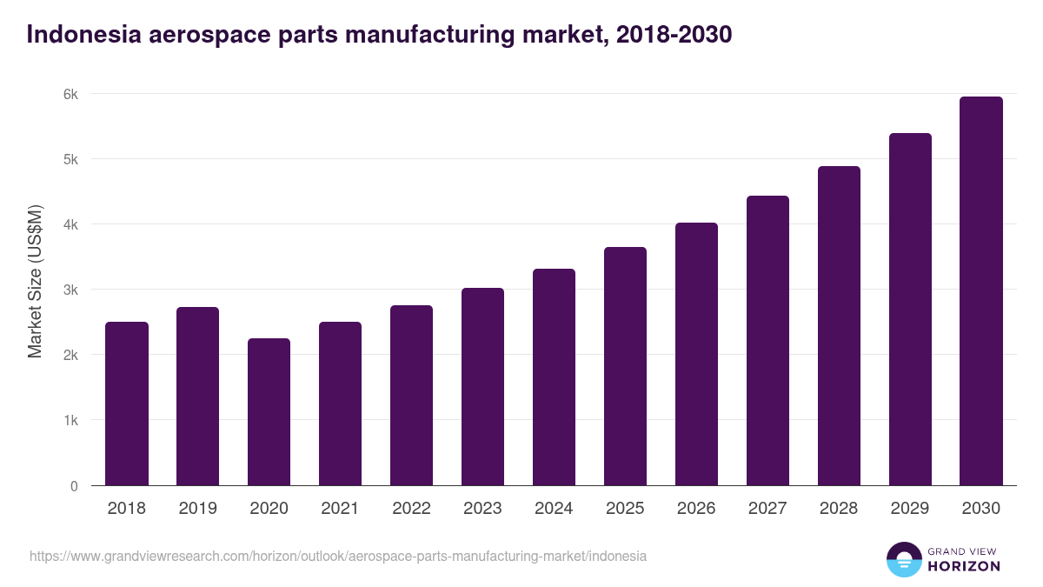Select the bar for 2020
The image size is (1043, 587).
click(269, 412)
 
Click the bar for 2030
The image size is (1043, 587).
click(981, 291)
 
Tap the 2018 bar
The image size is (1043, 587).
click(127, 404)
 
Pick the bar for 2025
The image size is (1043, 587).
click(625, 366)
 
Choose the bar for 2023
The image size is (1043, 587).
click(482, 387)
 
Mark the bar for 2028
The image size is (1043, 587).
click(839, 326)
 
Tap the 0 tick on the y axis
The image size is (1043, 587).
click(74, 486)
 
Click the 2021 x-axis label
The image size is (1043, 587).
click(340, 509)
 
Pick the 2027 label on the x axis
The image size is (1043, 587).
click(767, 509)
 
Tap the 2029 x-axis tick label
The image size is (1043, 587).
click(910, 509)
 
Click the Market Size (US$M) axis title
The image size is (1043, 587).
click(36, 282)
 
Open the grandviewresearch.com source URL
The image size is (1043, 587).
click(338, 556)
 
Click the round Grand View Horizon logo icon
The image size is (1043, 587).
click(903, 560)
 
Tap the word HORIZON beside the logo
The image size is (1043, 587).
click(964, 566)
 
